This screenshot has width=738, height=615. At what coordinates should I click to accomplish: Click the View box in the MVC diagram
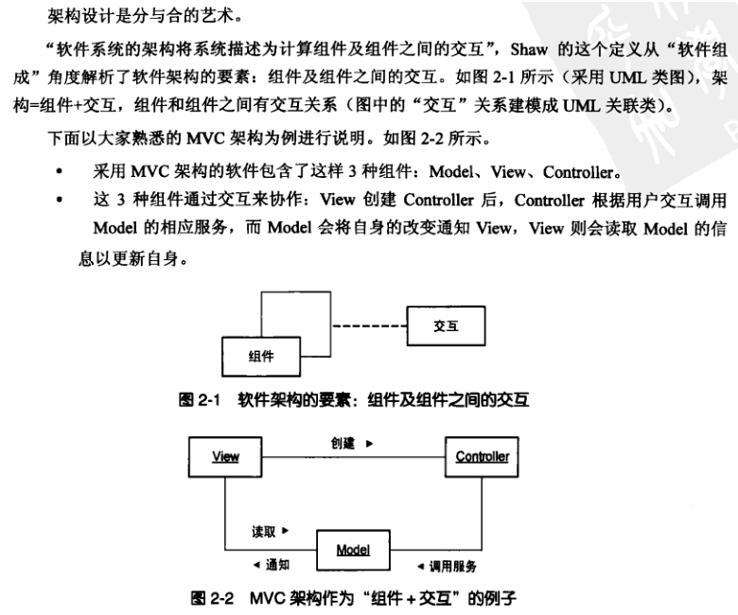coord(224,457)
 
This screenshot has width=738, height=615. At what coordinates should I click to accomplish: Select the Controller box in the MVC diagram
coord(482,457)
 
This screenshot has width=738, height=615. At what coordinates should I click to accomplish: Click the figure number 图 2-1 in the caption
coord(200,401)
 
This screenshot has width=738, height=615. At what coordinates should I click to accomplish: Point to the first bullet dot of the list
coord(60,173)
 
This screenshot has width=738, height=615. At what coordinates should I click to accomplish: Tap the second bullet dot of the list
coord(60,201)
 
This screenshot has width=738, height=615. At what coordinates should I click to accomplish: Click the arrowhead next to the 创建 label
coord(369,443)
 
